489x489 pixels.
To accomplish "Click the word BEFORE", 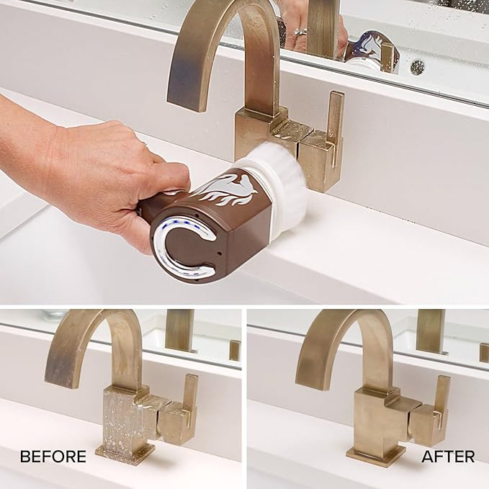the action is [53, 457].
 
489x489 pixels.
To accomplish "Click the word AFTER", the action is [448, 457].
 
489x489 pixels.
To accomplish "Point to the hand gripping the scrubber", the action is [94, 174].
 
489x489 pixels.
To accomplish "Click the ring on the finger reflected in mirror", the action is [300, 32].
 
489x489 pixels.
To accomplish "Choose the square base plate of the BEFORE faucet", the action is [125, 454].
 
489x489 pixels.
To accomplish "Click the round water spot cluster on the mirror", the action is [417, 67].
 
